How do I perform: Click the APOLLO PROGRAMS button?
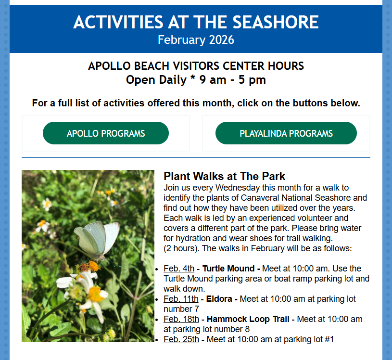click(106, 133)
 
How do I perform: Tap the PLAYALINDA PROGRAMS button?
click(286, 133)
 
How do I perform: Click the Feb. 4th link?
click(179, 269)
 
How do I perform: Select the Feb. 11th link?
click(181, 299)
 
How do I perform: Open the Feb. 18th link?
click(181, 319)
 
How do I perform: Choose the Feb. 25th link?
click(181, 339)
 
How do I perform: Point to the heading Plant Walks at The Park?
click(224, 176)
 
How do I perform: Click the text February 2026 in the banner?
click(196, 40)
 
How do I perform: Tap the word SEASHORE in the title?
click(276, 22)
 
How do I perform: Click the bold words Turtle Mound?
click(228, 269)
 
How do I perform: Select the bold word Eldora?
click(219, 299)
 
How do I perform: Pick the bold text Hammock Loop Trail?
click(248, 319)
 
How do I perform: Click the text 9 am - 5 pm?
click(232, 80)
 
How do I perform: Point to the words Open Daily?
click(156, 80)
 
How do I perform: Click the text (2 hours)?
click(181, 248)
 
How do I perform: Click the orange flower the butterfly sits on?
click(94, 266)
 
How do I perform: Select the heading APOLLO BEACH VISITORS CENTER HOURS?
click(196, 66)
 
